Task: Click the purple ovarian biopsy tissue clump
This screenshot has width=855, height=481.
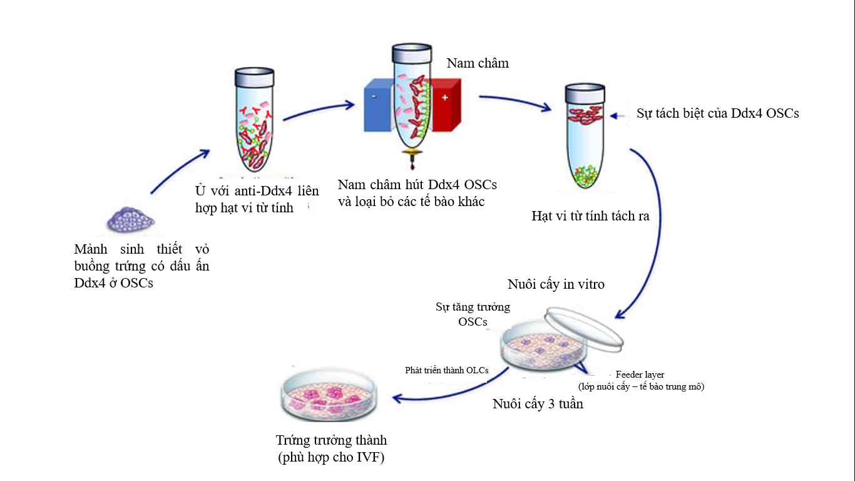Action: pos(130,220)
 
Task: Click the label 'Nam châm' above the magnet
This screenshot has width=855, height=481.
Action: pos(478,63)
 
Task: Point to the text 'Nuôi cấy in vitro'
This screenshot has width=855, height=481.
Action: pos(556,284)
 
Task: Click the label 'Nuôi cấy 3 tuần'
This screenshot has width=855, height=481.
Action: pos(538,404)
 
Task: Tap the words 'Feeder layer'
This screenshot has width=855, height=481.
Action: pos(640,375)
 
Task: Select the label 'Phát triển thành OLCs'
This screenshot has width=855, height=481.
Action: pos(447,370)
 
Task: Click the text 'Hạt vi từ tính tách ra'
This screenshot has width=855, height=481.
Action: pos(590,217)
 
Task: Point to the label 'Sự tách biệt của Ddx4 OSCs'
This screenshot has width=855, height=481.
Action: pos(717,114)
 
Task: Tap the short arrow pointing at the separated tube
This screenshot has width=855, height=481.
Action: pos(620,115)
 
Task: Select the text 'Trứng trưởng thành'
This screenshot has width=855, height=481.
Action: pos(331,440)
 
